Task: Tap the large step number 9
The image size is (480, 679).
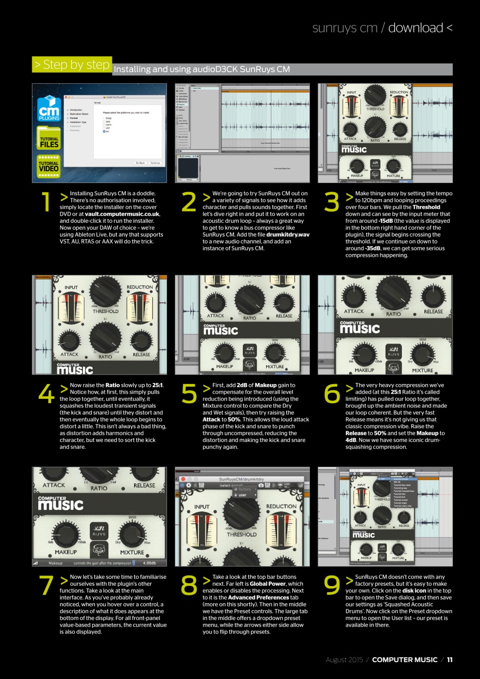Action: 332,585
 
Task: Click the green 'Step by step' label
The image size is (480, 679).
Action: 72,65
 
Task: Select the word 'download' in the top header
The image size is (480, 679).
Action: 415,28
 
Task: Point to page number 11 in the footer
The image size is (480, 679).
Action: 449,660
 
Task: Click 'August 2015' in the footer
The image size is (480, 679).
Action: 344,660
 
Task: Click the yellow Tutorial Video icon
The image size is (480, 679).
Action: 48,166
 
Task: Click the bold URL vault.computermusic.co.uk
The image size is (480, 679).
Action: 122,214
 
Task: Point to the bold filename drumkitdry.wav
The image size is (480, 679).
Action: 288,234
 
